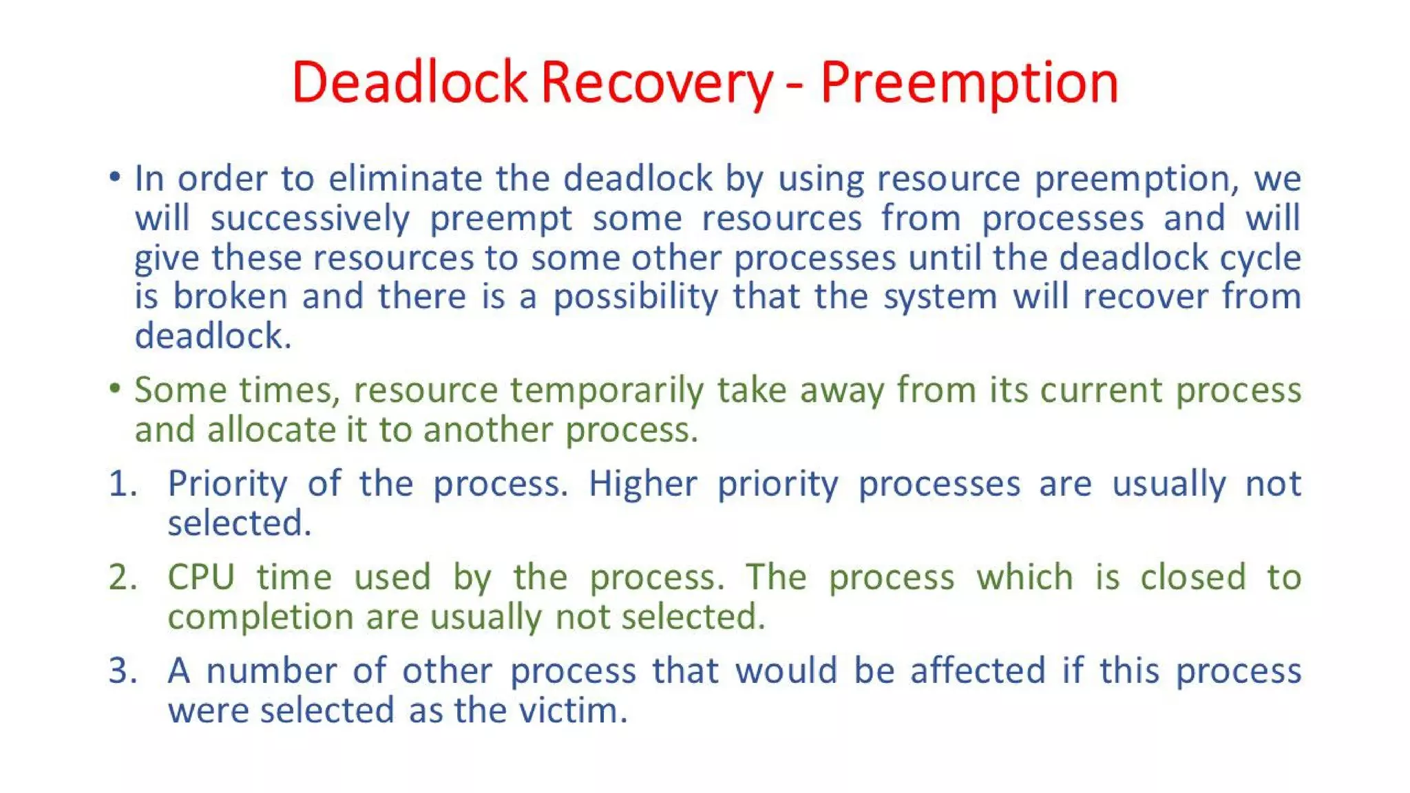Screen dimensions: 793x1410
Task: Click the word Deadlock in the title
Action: point(409,83)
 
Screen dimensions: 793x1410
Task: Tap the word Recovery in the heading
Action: point(657,83)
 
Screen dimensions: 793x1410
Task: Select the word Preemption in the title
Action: point(969,83)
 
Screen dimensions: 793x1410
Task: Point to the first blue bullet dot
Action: point(115,178)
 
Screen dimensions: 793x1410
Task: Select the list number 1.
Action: point(123,483)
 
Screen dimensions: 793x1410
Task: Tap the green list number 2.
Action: point(123,577)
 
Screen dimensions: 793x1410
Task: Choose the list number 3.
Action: point(123,670)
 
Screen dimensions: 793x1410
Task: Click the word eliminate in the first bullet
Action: point(405,178)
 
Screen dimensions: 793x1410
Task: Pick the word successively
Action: point(310,219)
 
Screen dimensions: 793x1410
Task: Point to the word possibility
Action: point(635,297)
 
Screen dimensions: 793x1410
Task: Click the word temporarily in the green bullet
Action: point(607,390)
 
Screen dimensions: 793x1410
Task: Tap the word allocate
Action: point(271,430)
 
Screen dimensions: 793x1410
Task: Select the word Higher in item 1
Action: point(642,483)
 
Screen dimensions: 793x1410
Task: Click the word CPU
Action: point(202,577)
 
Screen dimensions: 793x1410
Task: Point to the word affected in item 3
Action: point(978,670)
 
